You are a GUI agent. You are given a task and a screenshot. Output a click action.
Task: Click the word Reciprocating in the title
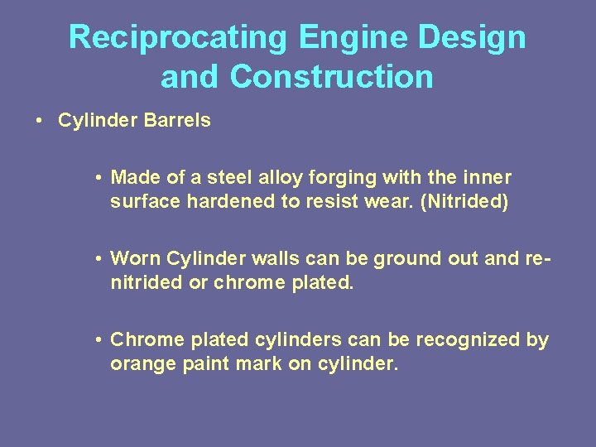pyautogui.click(x=179, y=38)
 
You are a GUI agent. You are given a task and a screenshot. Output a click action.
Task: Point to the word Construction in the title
pyautogui.click(x=332, y=77)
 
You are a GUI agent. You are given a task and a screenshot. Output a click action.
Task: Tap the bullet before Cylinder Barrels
pyautogui.click(x=40, y=121)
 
